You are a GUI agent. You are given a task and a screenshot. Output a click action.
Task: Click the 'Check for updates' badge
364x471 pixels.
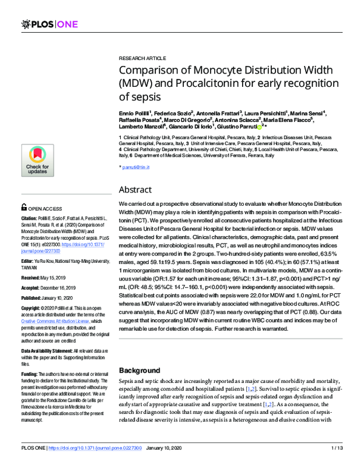[x=37, y=160]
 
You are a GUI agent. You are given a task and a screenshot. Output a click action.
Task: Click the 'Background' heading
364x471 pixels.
[x=140, y=370]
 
